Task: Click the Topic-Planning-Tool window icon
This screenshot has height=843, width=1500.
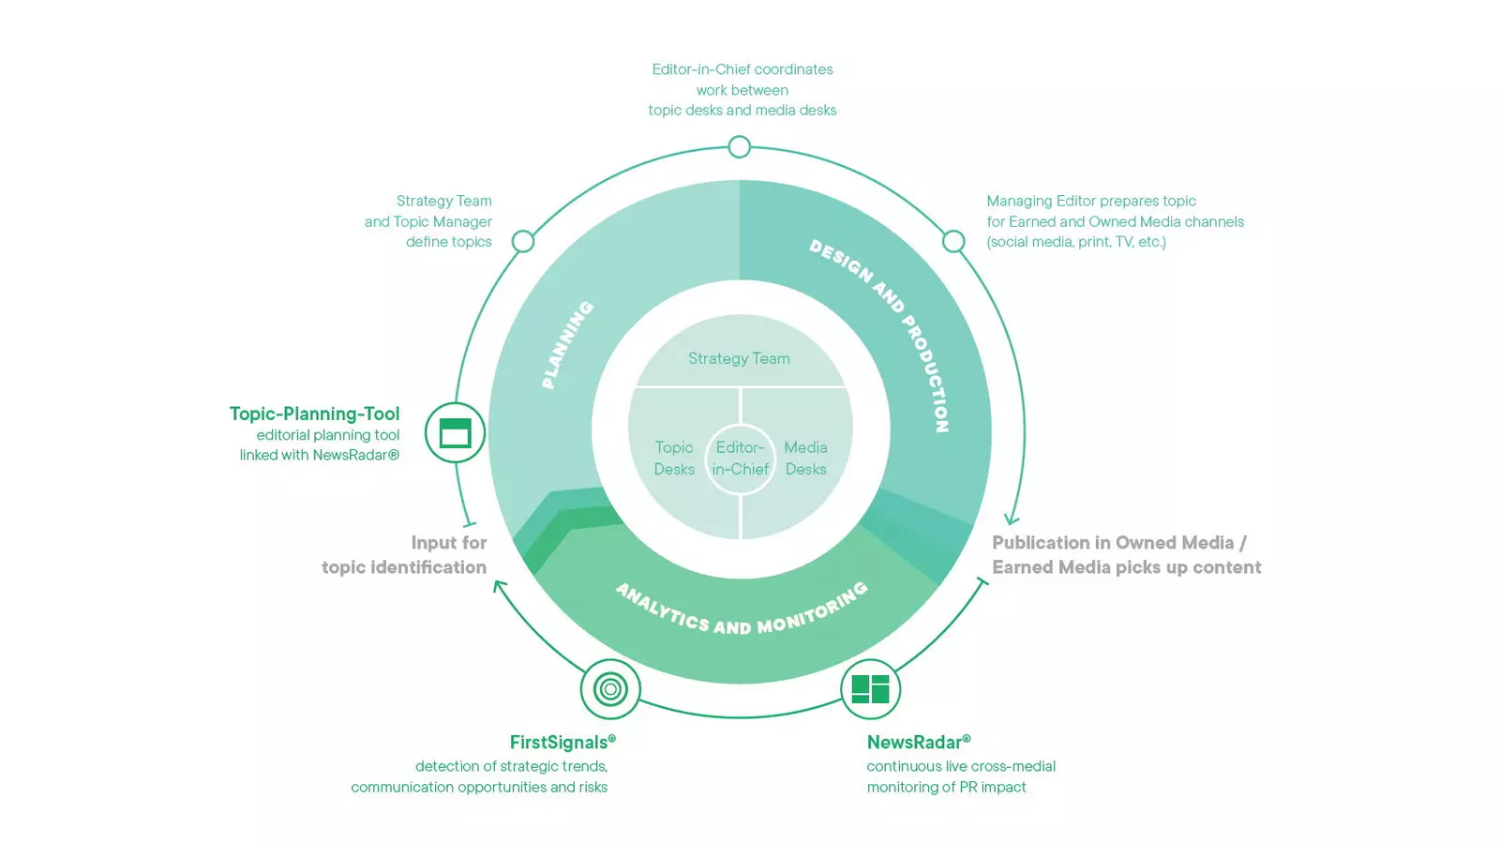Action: tap(455, 432)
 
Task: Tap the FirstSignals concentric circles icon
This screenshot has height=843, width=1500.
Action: tap(610, 689)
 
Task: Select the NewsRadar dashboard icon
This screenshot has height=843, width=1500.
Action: tap(870, 689)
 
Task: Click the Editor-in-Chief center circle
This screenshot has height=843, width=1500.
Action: tap(740, 459)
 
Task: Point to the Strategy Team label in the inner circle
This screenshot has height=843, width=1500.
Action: tap(740, 358)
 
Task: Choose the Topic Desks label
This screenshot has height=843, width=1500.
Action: tap(674, 458)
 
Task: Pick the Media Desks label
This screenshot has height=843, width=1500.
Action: tap(805, 458)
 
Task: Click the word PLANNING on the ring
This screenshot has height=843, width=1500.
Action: tap(567, 345)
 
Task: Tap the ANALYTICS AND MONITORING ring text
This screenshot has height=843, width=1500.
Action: tap(742, 610)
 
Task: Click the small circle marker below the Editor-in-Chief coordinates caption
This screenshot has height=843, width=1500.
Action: tap(740, 146)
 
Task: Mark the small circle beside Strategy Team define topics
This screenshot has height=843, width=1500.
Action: tap(523, 241)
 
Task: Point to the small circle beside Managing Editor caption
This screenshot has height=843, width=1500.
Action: tap(953, 241)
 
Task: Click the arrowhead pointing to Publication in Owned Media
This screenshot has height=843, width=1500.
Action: tap(1012, 519)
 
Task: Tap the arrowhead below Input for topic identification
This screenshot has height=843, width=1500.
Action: tap(499, 586)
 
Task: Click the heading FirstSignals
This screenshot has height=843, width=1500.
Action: tap(562, 742)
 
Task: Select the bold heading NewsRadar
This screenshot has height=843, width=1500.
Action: tap(919, 742)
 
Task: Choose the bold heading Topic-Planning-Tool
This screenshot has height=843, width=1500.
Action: tap(315, 414)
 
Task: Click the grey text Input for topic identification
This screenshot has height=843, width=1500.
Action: tap(404, 555)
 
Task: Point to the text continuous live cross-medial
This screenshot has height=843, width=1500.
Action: tap(961, 766)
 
